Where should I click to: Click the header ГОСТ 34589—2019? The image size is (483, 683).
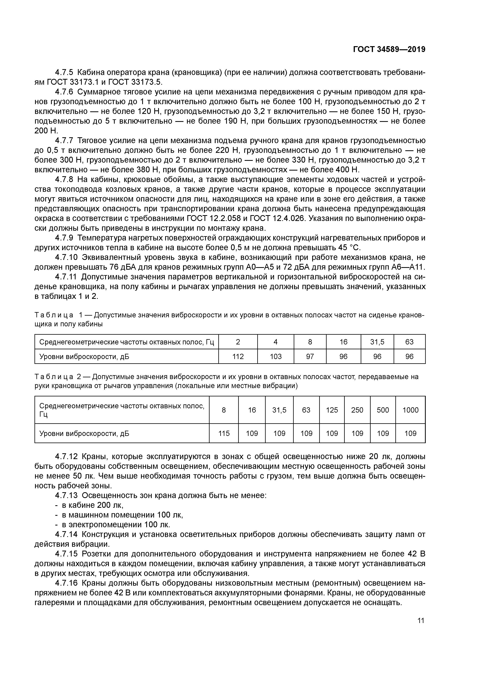click(389, 49)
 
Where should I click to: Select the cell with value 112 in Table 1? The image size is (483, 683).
click(238, 356)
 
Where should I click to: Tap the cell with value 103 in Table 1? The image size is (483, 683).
click(276, 356)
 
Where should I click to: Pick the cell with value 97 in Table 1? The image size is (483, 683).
click(310, 356)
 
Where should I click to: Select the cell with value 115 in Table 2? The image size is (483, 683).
click(224, 433)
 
